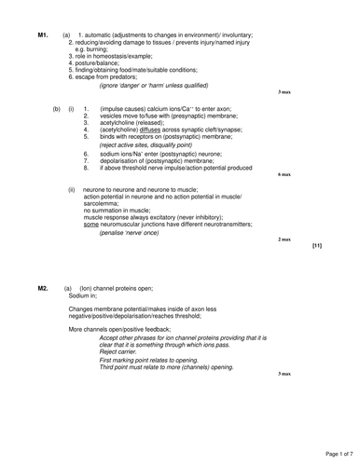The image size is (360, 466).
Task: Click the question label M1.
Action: tap(42, 34)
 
